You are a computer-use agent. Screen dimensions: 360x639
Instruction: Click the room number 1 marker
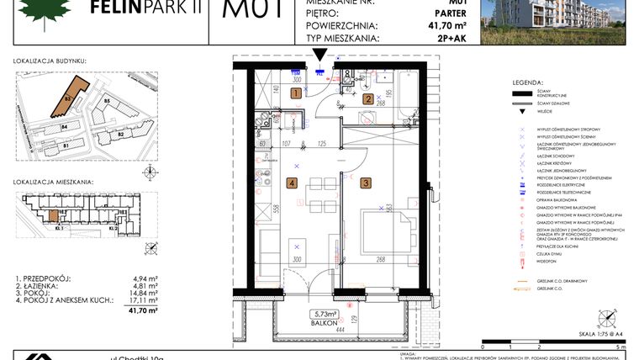click(295, 94)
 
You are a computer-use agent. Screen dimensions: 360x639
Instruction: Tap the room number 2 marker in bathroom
click(367, 98)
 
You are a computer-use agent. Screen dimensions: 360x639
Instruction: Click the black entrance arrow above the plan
click(319, 56)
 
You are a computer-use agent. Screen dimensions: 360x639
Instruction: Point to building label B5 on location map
click(107, 102)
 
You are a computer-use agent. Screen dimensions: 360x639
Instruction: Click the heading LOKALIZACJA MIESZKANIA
click(53, 182)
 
